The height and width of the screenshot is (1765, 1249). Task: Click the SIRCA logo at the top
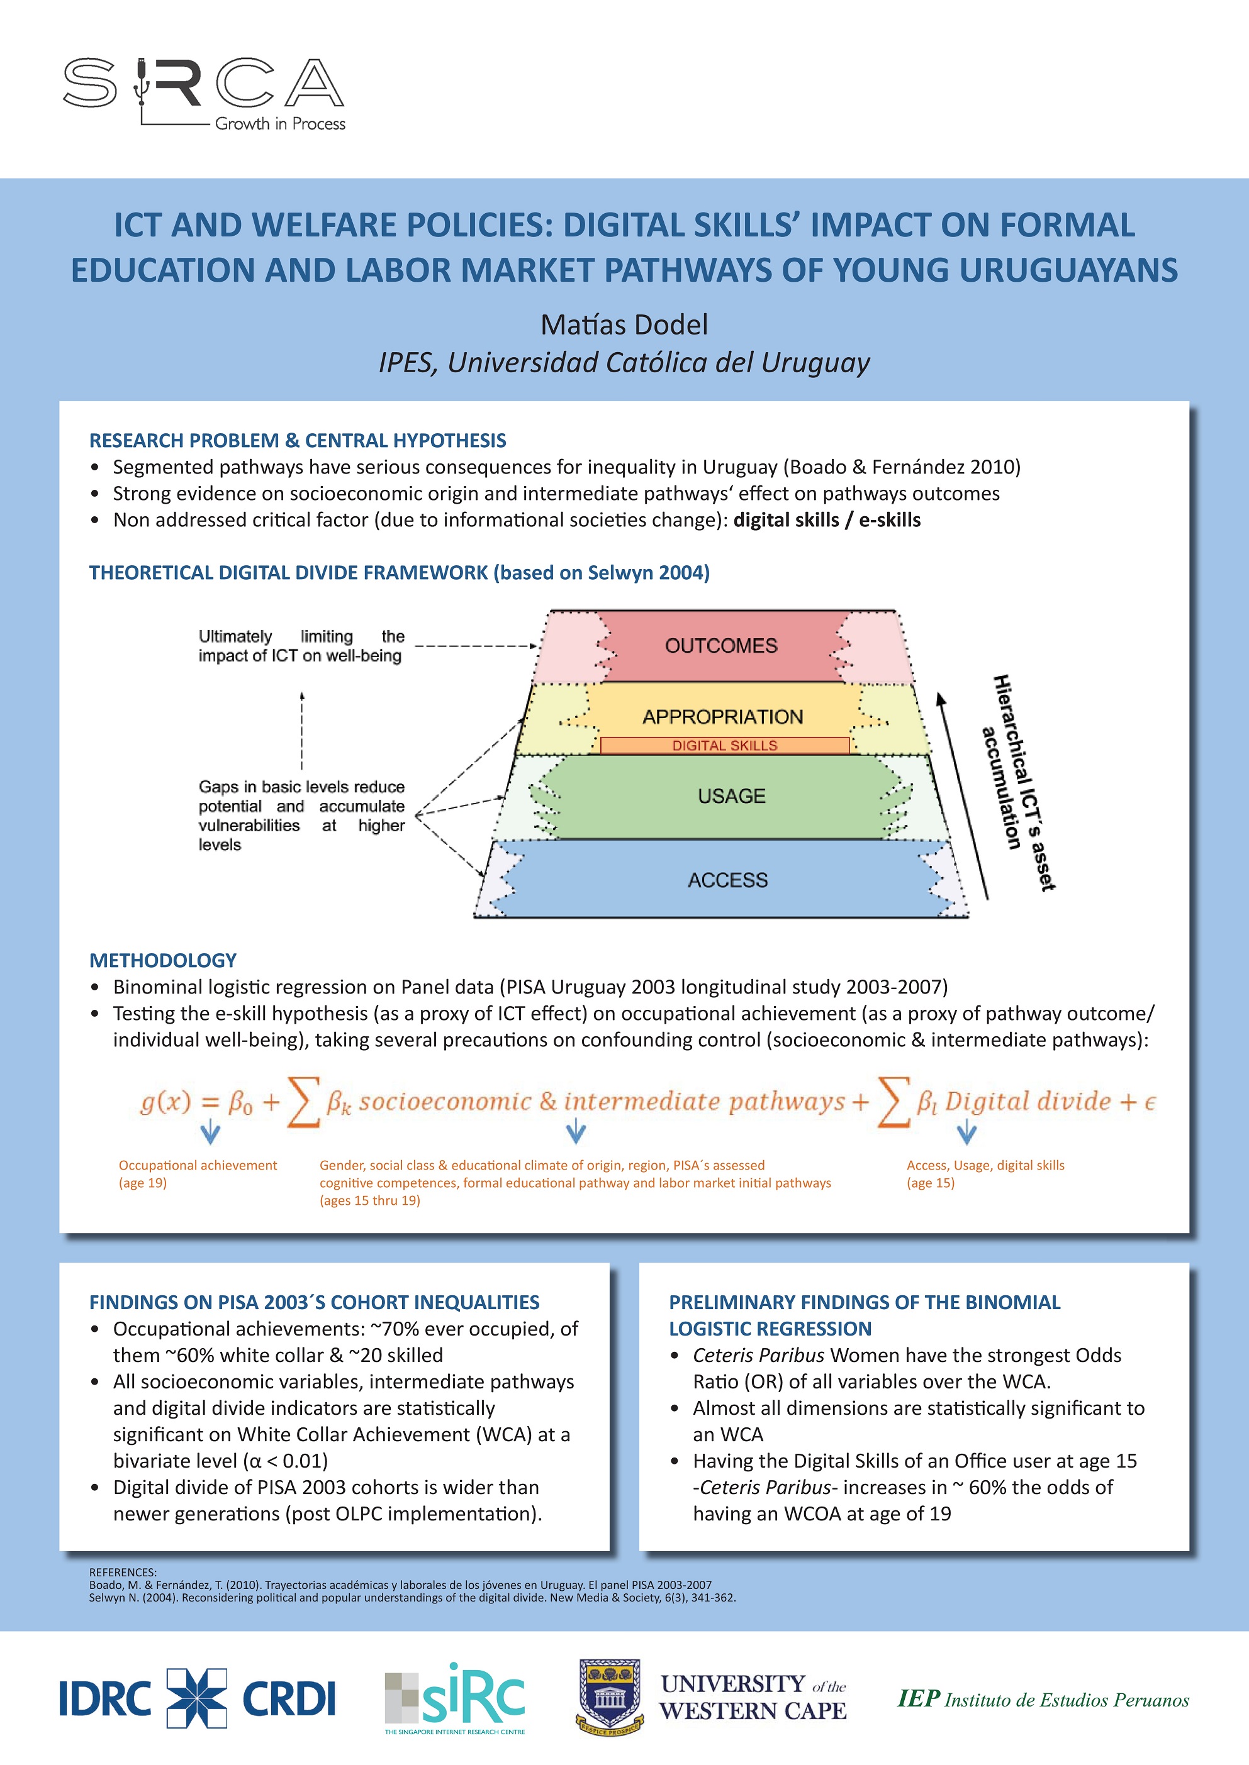tap(204, 92)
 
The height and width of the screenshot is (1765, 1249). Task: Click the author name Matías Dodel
tap(624, 324)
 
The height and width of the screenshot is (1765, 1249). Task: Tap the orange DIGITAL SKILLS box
tap(724, 746)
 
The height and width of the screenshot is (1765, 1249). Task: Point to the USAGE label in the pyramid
tap(731, 797)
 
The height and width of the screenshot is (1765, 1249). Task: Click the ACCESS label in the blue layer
tap(727, 880)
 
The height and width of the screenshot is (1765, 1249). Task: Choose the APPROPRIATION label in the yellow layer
tap(722, 717)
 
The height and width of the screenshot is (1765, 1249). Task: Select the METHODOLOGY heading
tap(162, 960)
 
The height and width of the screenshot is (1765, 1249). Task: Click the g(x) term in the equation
tap(165, 1102)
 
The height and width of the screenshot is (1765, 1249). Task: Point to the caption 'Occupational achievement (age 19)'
tap(197, 1174)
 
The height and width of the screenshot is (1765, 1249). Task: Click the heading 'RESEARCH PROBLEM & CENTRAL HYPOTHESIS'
tap(298, 441)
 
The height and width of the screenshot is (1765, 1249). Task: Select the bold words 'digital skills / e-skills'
tap(827, 521)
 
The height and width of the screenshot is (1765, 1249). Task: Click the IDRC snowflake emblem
tap(197, 1698)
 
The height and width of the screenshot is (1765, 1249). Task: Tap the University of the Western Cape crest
tap(609, 1696)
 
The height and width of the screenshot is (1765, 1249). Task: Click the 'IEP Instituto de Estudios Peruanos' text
tap(1043, 1699)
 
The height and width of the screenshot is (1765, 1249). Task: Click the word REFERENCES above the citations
tap(123, 1572)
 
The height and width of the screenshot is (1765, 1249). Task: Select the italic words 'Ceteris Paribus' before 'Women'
tap(758, 1355)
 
